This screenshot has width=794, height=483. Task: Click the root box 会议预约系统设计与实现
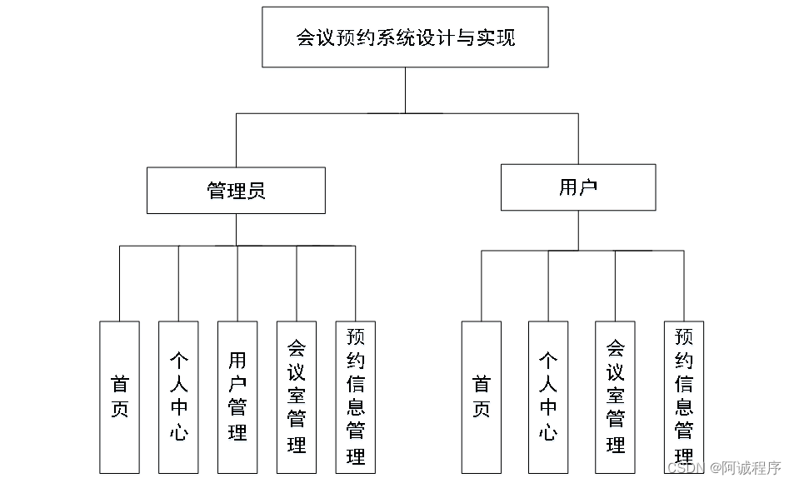tap(405, 37)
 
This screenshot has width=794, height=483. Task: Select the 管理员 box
tap(236, 191)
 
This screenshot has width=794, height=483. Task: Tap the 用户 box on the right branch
tap(577, 187)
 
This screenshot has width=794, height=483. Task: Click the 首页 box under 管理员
tap(119, 396)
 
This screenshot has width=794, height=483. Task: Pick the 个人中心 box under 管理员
tap(178, 396)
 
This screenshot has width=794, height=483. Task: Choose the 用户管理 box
tap(237, 396)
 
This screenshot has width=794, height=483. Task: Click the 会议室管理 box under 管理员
tap(297, 396)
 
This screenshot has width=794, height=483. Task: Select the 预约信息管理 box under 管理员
tap(356, 396)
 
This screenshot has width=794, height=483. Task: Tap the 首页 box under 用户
tap(482, 396)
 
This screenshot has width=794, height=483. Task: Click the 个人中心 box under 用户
tap(548, 396)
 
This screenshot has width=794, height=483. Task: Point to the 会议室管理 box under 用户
tap(616, 396)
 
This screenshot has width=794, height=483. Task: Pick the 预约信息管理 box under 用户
tap(684, 396)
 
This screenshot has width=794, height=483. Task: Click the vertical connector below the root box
tap(405, 90)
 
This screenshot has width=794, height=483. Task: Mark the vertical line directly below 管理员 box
tap(236, 230)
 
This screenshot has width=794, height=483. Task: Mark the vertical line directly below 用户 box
tap(578, 230)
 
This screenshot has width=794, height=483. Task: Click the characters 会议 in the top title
tap(314, 38)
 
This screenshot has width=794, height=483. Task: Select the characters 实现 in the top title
tap(497, 38)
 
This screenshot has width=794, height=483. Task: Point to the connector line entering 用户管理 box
tap(237, 283)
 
